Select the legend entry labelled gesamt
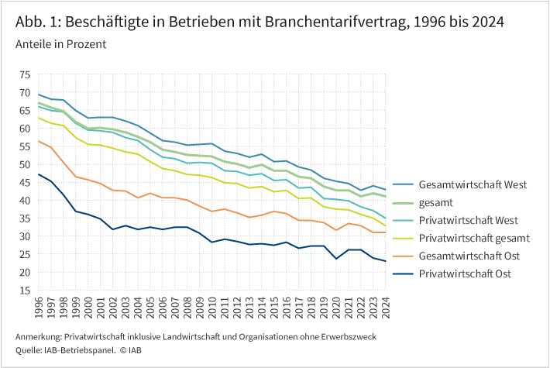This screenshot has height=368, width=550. point(438,203)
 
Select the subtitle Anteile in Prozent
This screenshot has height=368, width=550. point(60,44)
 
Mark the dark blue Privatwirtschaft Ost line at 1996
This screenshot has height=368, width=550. point(38,174)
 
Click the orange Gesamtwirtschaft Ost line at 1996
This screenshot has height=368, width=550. point(38,141)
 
